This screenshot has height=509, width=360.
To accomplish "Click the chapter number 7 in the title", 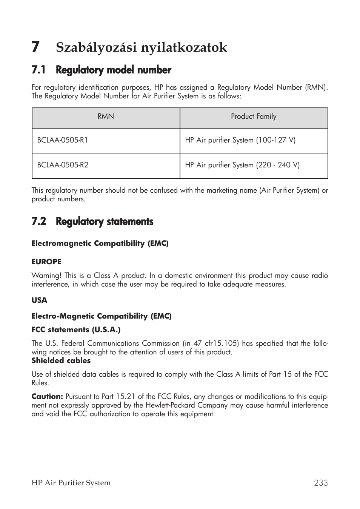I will tap(35, 47).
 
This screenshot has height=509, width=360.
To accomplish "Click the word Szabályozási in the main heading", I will tap(96, 48).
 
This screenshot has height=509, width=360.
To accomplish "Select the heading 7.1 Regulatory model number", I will tap(101, 70).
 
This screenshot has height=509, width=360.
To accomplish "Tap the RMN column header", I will tap(106, 117).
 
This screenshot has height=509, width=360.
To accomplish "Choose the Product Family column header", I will tap(254, 117).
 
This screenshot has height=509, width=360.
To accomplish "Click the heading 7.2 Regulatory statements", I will tap(92, 222).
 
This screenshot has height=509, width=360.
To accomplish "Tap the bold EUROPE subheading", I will tap(46, 262).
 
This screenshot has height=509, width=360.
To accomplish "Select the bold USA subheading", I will tap(39, 300).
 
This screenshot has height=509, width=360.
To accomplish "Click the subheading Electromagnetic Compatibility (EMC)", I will tap(100, 244).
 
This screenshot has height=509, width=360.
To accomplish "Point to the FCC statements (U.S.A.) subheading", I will tap(76, 330).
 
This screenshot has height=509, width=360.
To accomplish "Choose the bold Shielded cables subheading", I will tap(61, 361).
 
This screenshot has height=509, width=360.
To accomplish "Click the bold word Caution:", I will tap(47, 397).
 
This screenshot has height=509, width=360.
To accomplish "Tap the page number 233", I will tap(320, 483).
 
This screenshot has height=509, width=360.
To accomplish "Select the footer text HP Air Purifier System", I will tap(71, 483).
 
